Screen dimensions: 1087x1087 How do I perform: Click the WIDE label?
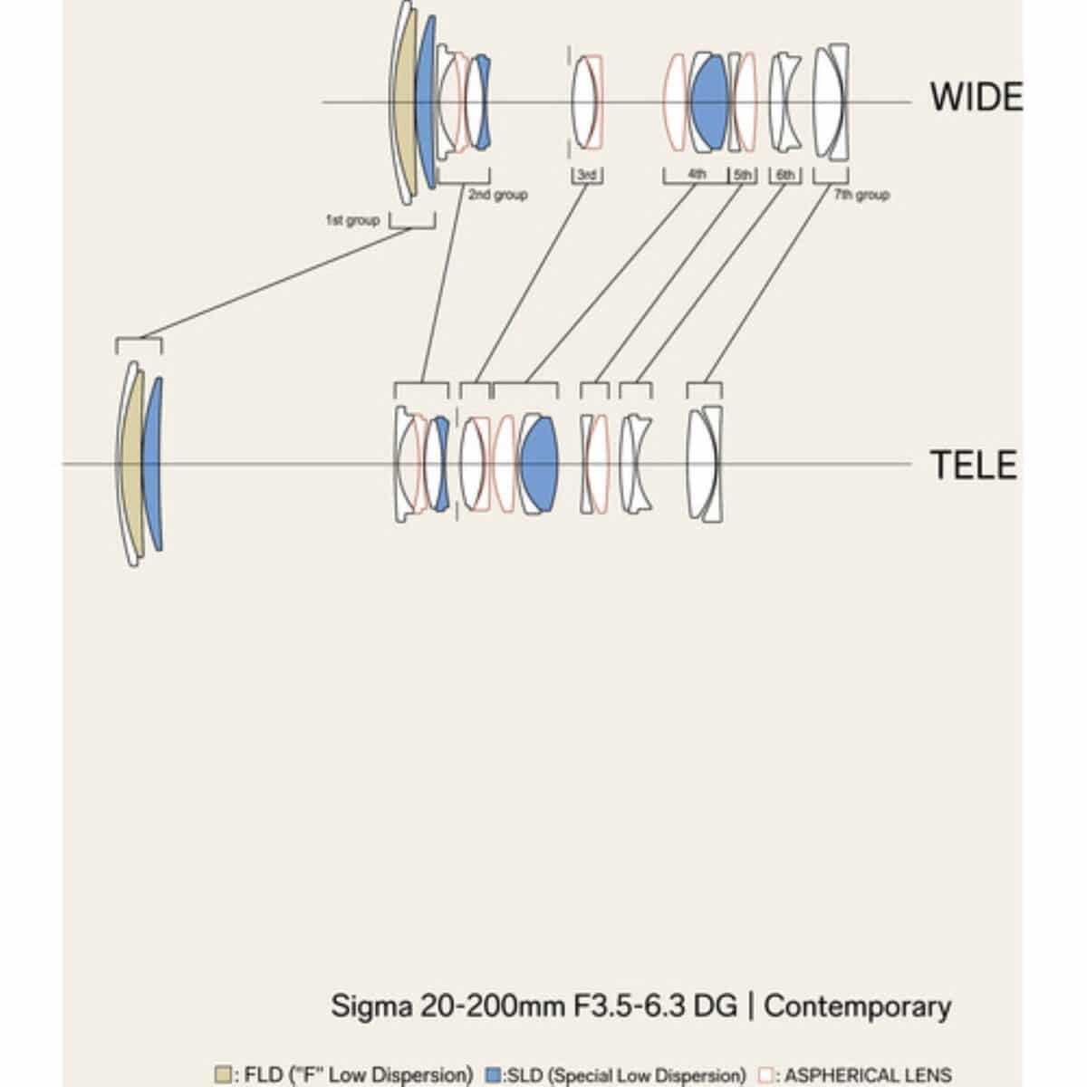click(x=976, y=96)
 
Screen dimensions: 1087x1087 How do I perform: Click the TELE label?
click(x=974, y=465)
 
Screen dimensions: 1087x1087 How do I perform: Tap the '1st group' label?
click(x=352, y=219)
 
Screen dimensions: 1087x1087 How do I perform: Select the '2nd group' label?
click(x=497, y=195)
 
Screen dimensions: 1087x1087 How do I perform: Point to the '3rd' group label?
click(x=587, y=174)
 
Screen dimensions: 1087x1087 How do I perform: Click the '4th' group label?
click(x=697, y=174)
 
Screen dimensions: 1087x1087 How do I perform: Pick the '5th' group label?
click(x=743, y=174)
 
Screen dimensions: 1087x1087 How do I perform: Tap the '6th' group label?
click(x=785, y=174)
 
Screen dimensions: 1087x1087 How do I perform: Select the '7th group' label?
click(x=861, y=195)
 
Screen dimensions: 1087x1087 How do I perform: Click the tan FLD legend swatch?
click(x=223, y=1073)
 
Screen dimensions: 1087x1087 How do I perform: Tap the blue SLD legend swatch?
click(x=493, y=1073)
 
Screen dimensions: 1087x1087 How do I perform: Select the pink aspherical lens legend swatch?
click(x=766, y=1074)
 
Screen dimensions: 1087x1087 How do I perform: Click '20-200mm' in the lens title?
click(x=492, y=1006)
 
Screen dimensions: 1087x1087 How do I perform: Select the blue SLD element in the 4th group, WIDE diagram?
click(x=709, y=102)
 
